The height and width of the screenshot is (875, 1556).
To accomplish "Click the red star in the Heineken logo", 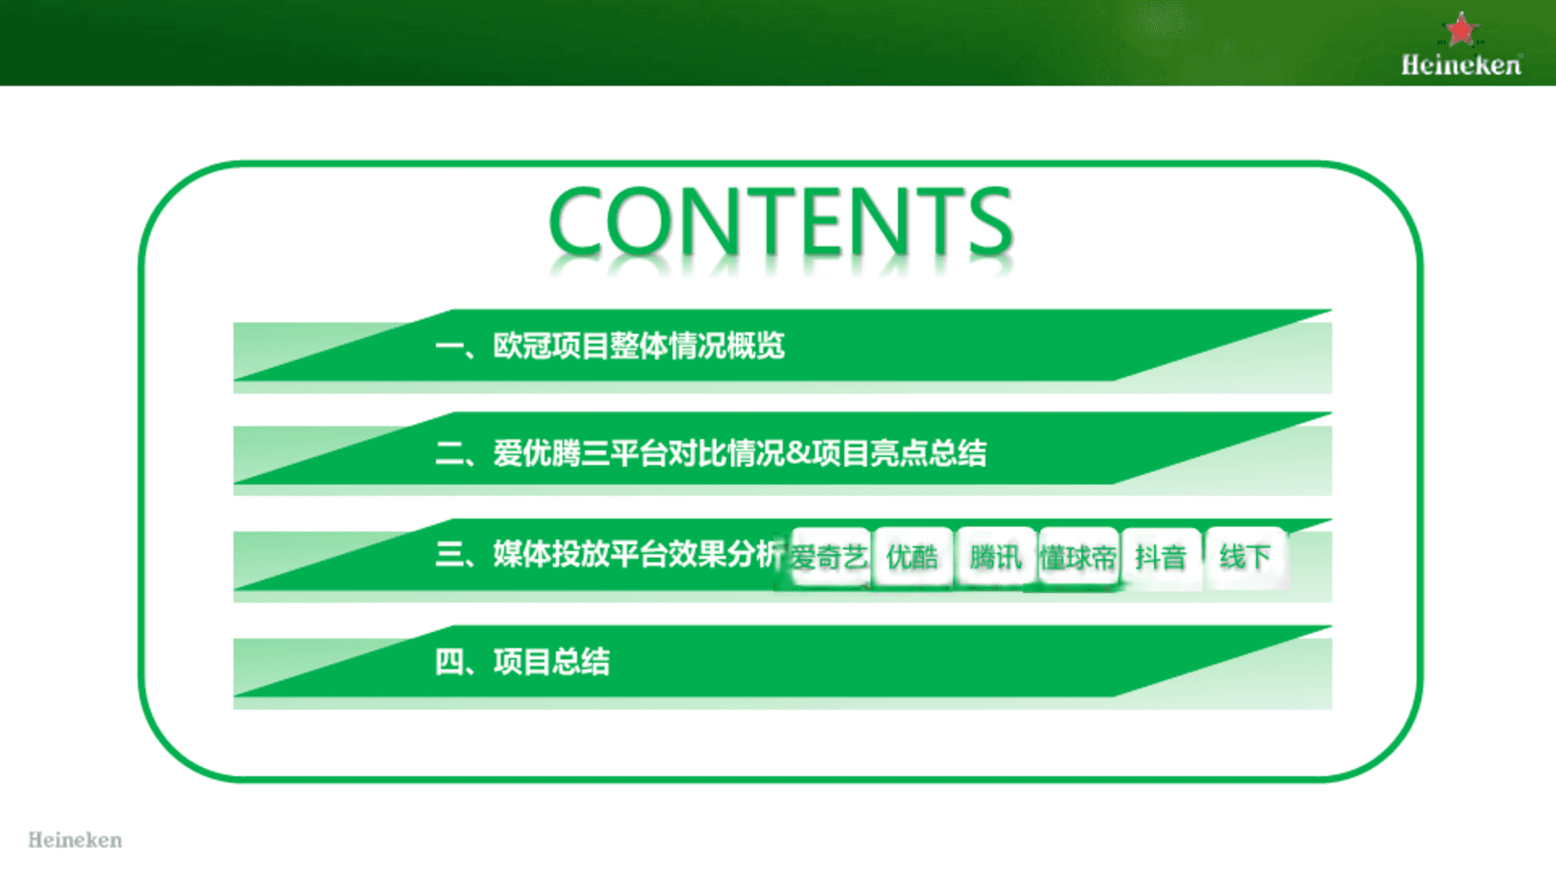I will coord(1461,30).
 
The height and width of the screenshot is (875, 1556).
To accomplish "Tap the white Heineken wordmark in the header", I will coord(1461,65).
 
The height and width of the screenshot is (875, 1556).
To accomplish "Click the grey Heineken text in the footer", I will coord(75,840).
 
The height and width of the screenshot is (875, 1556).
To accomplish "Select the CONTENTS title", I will coord(780,220).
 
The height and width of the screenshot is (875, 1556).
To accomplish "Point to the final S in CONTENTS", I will coord(991,220).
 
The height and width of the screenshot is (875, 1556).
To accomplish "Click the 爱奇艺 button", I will coord(829,557).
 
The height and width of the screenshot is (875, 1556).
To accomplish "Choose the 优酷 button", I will coord(913,557).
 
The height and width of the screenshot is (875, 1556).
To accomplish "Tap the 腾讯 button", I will coord(996,557).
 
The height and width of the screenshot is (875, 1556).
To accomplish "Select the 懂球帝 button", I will coord(1079,557).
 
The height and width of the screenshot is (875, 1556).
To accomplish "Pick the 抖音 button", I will coord(1161,557).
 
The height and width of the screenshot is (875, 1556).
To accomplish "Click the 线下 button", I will coord(1246,557).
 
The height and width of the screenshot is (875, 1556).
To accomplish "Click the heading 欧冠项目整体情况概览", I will coord(639,346).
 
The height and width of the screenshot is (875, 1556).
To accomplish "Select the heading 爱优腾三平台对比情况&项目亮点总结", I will coord(739,453).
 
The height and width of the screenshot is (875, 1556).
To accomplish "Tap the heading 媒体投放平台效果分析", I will coord(639,554).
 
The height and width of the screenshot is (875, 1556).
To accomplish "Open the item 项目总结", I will coord(551,662).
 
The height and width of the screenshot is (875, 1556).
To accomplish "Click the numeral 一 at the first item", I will coord(449,347).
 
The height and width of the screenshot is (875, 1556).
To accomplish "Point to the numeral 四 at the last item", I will coord(449,662).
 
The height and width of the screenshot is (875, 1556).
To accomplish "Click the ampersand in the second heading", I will coord(798,452).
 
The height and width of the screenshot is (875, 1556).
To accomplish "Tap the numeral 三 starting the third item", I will coord(449,554).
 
